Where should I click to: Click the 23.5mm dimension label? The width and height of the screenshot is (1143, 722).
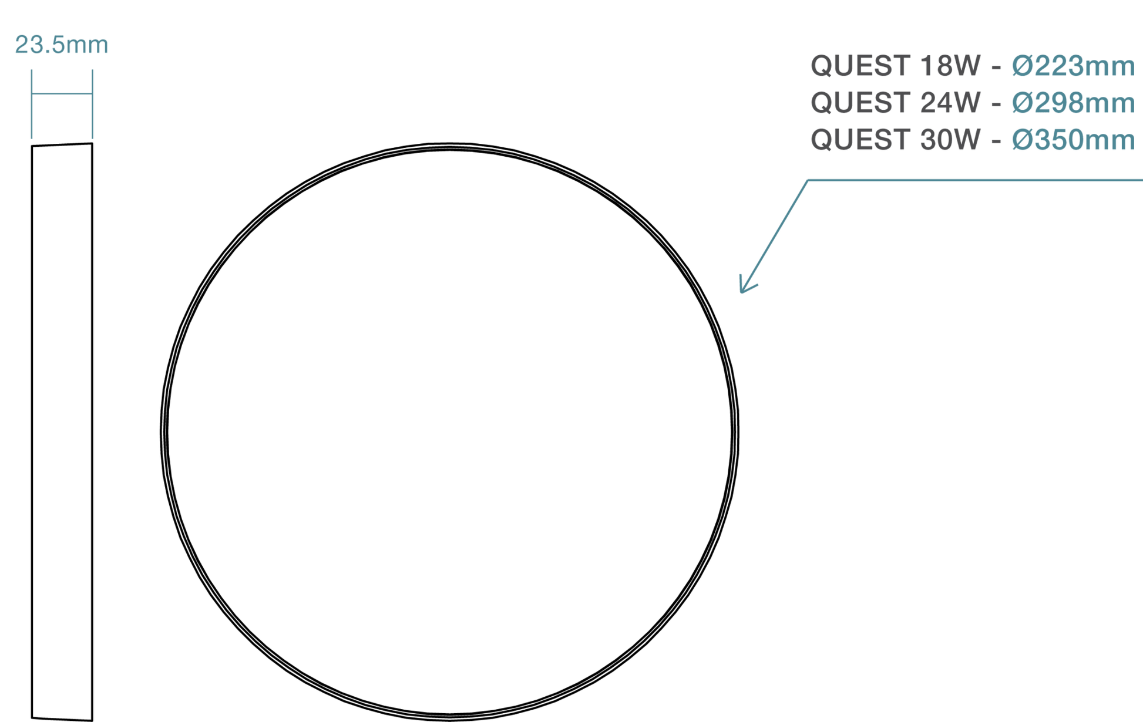pos(62,45)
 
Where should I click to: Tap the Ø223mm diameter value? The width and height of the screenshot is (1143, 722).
pos(1073,66)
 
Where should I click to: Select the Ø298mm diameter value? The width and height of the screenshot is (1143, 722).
pos(1073,103)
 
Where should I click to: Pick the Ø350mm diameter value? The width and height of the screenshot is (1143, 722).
pos(1073,140)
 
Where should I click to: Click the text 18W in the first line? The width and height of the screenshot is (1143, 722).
pos(950,66)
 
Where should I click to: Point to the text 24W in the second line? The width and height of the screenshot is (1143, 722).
pos(950,103)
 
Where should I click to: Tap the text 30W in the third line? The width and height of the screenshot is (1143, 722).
pos(950,140)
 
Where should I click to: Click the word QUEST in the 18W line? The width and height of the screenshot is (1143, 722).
pos(860,66)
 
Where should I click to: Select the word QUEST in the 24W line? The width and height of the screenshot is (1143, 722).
pos(860,103)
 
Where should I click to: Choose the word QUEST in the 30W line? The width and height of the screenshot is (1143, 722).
pos(860,140)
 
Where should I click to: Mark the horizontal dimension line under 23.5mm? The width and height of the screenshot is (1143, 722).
pos(62,93)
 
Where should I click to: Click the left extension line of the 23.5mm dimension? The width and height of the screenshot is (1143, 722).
pos(32,104)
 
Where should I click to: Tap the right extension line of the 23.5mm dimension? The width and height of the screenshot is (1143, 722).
pos(92,104)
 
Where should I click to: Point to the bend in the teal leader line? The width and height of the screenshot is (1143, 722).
pos(808,180)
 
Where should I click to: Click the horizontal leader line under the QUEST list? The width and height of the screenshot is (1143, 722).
pos(975,180)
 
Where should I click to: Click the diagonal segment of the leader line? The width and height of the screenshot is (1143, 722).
pos(775,235)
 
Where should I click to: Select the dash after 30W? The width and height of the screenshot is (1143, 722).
pos(996,141)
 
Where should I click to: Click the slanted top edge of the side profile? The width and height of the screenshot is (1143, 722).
pos(62,144)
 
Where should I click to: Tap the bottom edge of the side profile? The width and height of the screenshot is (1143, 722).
pos(62,718)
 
